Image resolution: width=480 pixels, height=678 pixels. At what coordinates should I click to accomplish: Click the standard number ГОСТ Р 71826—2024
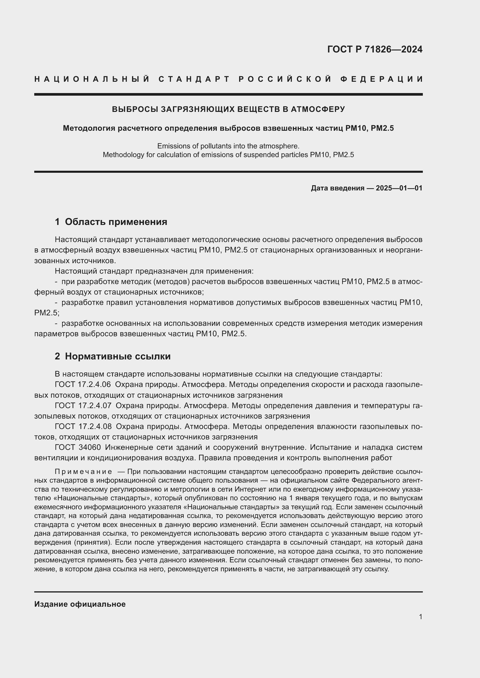(374, 49)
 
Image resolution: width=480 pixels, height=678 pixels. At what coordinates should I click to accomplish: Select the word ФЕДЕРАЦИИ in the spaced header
(381, 79)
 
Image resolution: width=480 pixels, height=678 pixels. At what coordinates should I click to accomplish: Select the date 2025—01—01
(399, 188)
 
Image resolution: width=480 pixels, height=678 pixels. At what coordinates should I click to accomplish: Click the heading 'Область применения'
(116, 221)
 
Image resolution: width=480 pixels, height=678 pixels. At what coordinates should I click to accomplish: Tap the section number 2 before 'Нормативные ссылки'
(57, 357)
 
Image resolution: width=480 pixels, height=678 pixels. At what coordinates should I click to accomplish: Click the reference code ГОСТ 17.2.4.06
(83, 384)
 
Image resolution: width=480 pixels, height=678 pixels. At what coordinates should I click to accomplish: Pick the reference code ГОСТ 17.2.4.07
(83, 406)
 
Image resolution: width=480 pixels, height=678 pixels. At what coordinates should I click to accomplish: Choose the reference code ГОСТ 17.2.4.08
(83, 426)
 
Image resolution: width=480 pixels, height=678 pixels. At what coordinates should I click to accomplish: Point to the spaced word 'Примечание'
(83, 472)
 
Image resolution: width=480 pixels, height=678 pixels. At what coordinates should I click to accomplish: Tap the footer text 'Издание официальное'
(80, 604)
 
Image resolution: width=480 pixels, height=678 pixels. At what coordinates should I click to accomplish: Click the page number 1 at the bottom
(421, 617)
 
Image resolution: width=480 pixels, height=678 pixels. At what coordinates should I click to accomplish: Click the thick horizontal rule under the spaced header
(228, 94)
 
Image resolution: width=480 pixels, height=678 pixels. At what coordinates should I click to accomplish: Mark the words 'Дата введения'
(337, 188)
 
